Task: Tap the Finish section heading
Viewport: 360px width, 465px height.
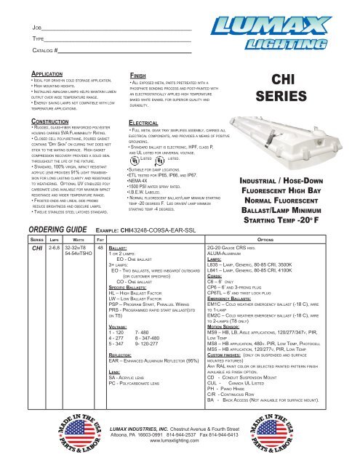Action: click(x=140, y=74)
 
